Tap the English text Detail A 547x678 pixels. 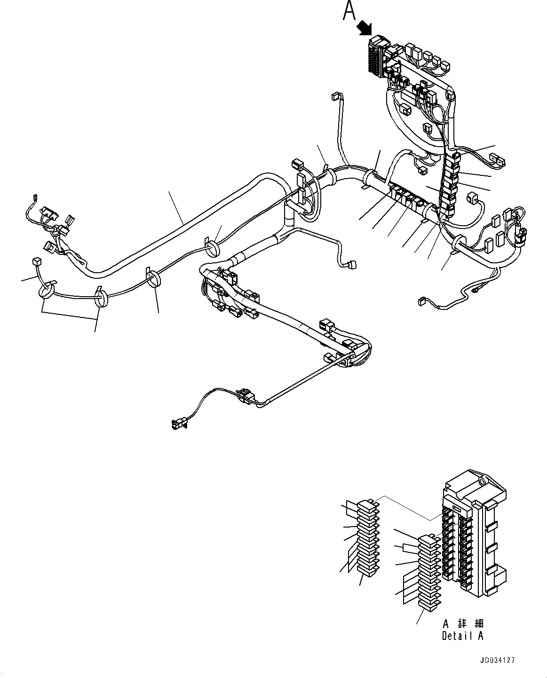(x=462, y=636)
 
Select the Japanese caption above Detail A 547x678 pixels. (x=463, y=624)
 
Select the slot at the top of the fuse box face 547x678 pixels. (x=455, y=509)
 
